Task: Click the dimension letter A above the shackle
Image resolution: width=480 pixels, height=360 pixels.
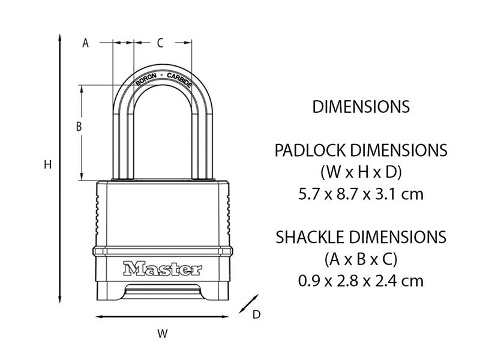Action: pos(85,43)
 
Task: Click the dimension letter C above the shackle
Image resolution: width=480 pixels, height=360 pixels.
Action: pos(160,43)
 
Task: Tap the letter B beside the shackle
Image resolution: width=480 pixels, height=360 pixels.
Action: pos(78,127)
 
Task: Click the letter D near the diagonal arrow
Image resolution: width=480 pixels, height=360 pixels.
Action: pos(256,314)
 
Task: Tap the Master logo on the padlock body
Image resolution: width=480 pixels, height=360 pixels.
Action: pos(163,268)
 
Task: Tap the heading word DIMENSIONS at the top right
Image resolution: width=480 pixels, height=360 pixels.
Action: pos(361,107)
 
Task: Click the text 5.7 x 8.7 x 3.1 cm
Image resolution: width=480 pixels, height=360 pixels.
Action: pos(361,194)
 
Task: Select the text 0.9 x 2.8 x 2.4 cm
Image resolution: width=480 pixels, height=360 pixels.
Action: pos(361,280)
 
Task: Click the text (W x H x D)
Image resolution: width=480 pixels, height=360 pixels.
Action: pos(361,172)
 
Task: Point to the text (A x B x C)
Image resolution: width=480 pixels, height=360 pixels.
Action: pos(361,259)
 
